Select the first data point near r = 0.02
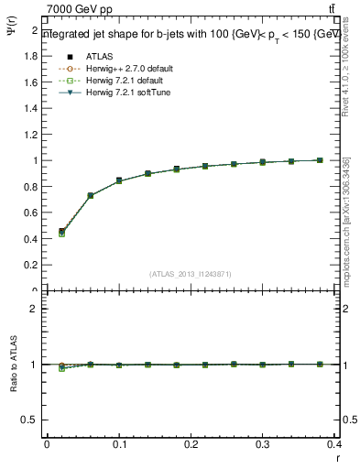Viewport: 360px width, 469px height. [61, 232]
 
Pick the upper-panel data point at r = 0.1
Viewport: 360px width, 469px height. [119, 180]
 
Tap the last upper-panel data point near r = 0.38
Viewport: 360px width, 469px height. [320, 160]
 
